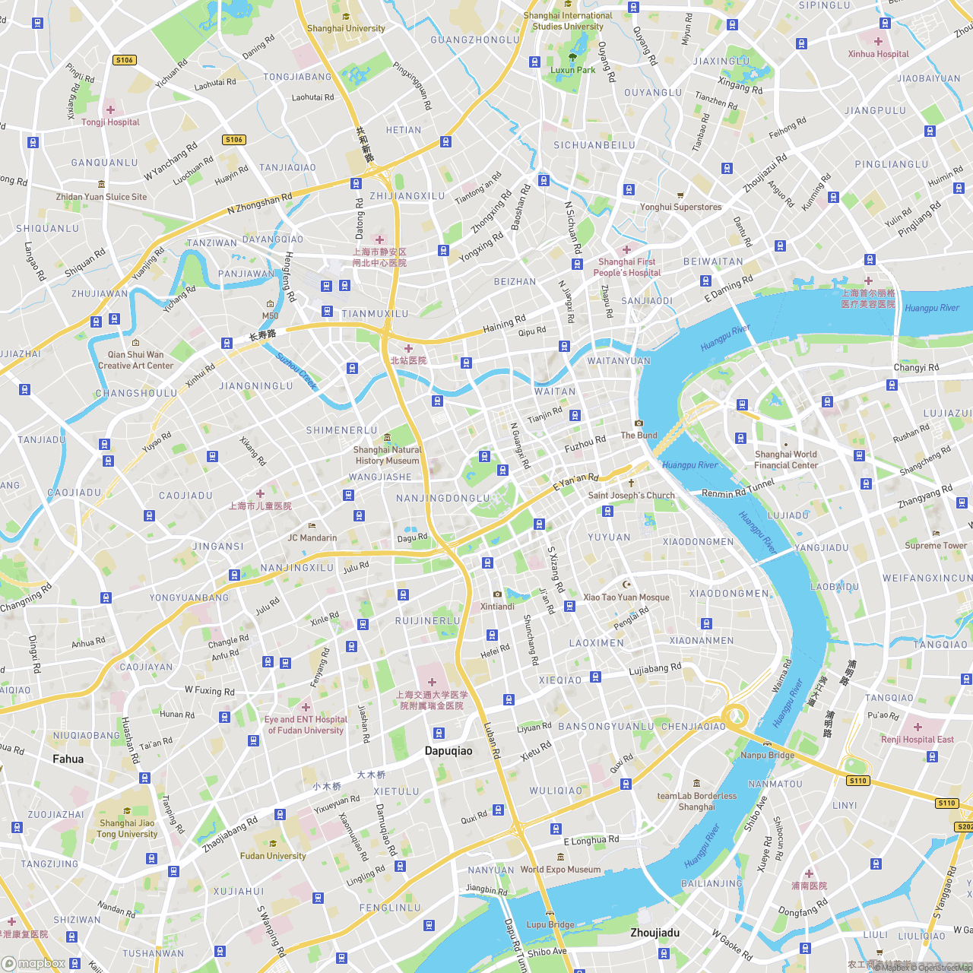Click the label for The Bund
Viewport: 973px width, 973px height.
(x=639, y=436)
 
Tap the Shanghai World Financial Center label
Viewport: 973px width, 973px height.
(x=786, y=460)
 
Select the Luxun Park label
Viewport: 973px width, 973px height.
(x=572, y=70)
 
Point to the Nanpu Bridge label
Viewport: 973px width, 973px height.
(x=767, y=755)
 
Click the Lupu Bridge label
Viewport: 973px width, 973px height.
(x=550, y=924)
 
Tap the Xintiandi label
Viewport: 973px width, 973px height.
(x=497, y=607)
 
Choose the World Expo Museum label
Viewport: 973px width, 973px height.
(x=560, y=870)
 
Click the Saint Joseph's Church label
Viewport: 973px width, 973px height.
(x=631, y=496)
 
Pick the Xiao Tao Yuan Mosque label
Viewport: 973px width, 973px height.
(x=626, y=597)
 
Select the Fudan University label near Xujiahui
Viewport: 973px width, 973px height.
(x=273, y=856)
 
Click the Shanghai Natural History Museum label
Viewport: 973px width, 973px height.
(x=387, y=455)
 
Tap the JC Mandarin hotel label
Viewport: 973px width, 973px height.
(x=312, y=537)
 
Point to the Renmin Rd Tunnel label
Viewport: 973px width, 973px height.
(x=738, y=489)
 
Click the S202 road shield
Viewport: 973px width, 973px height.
(x=964, y=826)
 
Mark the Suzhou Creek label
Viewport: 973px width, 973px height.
(x=296, y=371)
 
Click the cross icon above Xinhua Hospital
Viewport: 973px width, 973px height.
(x=878, y=42)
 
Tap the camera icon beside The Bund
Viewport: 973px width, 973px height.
(x=639, y=423)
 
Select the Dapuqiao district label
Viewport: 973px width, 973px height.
(x=448, y=751)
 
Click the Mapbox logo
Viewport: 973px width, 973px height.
(x=34, y=963)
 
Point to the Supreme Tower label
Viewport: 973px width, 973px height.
(x=936, y=545)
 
